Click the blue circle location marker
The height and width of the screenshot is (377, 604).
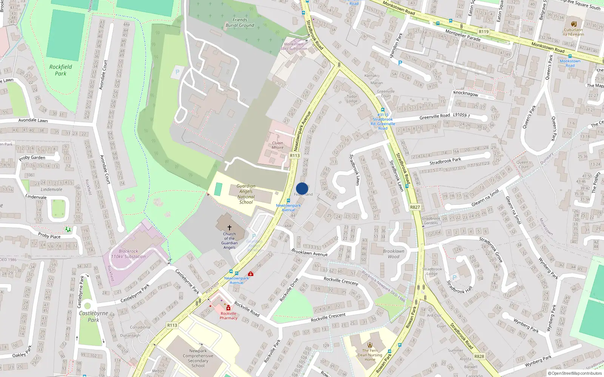pyautogui.click(x=302, y=188)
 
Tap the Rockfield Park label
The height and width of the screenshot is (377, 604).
pyautogui.click(x=60, y=70)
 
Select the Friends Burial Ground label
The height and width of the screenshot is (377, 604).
pyautogui.click(x=240, y=23)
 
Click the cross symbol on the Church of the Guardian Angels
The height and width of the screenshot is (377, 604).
pyautogui.click(x=229, y=228)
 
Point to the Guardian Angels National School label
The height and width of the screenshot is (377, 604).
pyautogui.click(x=246, y=194)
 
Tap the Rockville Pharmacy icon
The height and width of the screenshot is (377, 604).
pyautogui.click(x=228, y=308)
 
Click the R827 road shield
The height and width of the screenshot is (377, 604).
pyautogui.click(x=415, y=207)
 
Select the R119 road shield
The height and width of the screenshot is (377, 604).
pyautogui.click(x=483, y=32)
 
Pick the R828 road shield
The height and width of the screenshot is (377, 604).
pyautogui.click(x=479, y=356)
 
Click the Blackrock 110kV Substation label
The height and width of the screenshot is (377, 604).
pyautogui.click(x=128, y=254)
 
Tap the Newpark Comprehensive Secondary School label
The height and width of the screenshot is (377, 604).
pyautogui.click(x=198, y=358)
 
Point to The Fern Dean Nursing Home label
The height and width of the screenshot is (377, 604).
pyautogui.click(x=370, y=355)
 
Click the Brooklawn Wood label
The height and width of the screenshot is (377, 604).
pyautogui.click(x=393, y=254)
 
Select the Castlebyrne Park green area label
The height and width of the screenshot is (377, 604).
pyautogui.click(x=93, y=316)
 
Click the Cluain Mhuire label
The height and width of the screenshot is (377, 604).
pyautogui.click(x=277, y=145)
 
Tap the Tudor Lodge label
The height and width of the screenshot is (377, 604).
pyautogui.click(x=352, y=99)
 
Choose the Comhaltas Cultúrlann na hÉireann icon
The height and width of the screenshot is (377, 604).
pyautogui.click(x=573, y=23)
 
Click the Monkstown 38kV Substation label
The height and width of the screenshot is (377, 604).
pyautogui.click(x=294, y=46)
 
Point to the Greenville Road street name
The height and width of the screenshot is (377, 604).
pyautogui.click(x=435, y=117)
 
